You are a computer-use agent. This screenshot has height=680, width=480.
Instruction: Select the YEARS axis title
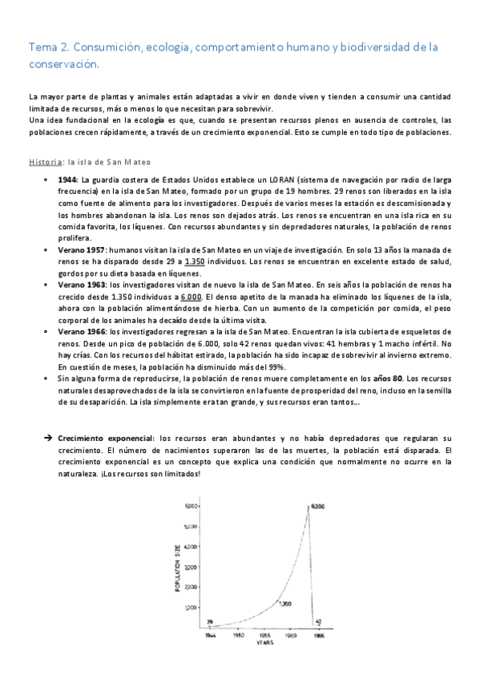coord(264,642)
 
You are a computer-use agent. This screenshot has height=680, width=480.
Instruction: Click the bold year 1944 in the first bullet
coord(68,179)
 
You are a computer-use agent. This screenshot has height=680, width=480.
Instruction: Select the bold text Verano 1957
coord(83,249)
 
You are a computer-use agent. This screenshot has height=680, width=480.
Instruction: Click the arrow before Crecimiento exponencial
coord(47,439)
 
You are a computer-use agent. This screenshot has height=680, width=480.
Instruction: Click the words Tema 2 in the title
coord(49,48)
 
